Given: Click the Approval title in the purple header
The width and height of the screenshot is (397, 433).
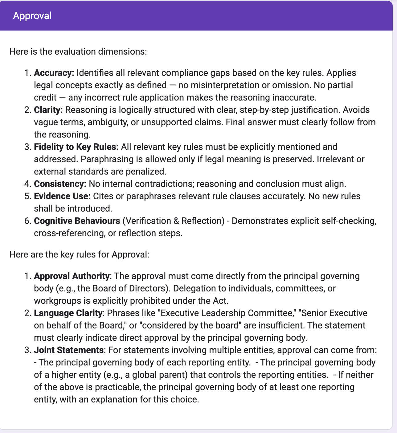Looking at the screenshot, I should pyautogui.click(x=32, y=16).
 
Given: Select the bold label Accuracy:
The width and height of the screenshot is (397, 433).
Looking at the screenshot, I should pyautogui.click(x=54, y=73).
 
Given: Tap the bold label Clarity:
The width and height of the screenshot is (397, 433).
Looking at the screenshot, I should pyautogui.click(x=48, y=110).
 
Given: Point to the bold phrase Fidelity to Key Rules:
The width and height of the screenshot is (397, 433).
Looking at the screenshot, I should pyautogui.click(x=76, y=147).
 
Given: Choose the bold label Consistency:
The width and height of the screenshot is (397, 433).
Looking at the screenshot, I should pyautogui.click(x=60, y=184).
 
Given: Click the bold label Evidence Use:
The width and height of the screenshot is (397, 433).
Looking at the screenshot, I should pyautogui.click(x=62, y=196).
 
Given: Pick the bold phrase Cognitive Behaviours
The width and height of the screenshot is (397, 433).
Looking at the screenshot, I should pyautogui.click(x=77, y=221).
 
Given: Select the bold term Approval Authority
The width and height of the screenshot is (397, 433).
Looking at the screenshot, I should pyautogui.click(x=72, y=276).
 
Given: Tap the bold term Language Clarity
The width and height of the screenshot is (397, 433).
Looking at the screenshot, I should pyautogui.click(x=68, y=313).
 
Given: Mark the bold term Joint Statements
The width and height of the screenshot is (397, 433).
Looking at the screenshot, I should pyautogui.click(x=68, y=350).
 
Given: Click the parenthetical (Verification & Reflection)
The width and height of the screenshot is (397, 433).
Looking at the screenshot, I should pyautogui.click(x=173, y=221).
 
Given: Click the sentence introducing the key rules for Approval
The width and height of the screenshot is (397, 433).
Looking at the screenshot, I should pyautogui.click(x=79, y=254).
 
